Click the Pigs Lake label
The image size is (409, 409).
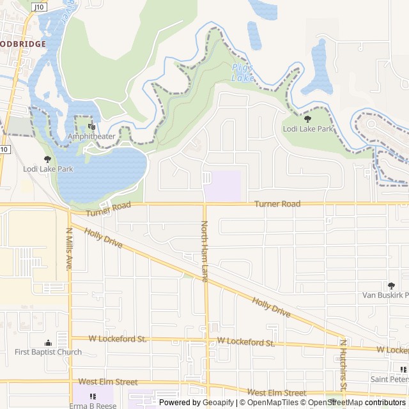(x=243, y=72)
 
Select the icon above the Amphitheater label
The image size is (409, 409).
(x=91, y=127)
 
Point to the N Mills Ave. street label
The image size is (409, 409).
(x=69, y=249)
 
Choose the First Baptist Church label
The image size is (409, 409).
(x=49, y=352)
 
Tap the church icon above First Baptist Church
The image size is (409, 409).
(x=49, y=343)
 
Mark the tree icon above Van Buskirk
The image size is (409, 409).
(x=391, y=285)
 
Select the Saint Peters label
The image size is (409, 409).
(x=389, y=379)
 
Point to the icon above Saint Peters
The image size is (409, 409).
(x=403, y=369)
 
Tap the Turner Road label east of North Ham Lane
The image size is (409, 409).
(x=277, y=204)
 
